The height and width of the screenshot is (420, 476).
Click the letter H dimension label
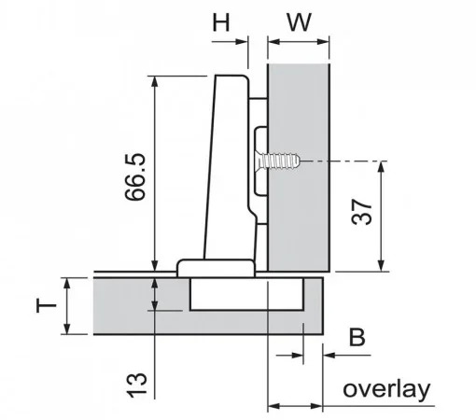point(221,22)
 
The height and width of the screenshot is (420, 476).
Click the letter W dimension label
point(299,22)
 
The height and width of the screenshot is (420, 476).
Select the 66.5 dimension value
point(135,176)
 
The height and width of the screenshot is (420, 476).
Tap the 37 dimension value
point(361,212)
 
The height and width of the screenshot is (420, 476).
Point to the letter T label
point(47,305)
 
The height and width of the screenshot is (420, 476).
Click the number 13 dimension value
point(136,385)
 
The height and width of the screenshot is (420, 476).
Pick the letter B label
point(357,337)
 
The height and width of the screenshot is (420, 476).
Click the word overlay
point(386,389)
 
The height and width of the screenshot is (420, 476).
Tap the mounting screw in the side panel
point(277,161)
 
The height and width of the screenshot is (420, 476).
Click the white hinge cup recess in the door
point(246,294)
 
